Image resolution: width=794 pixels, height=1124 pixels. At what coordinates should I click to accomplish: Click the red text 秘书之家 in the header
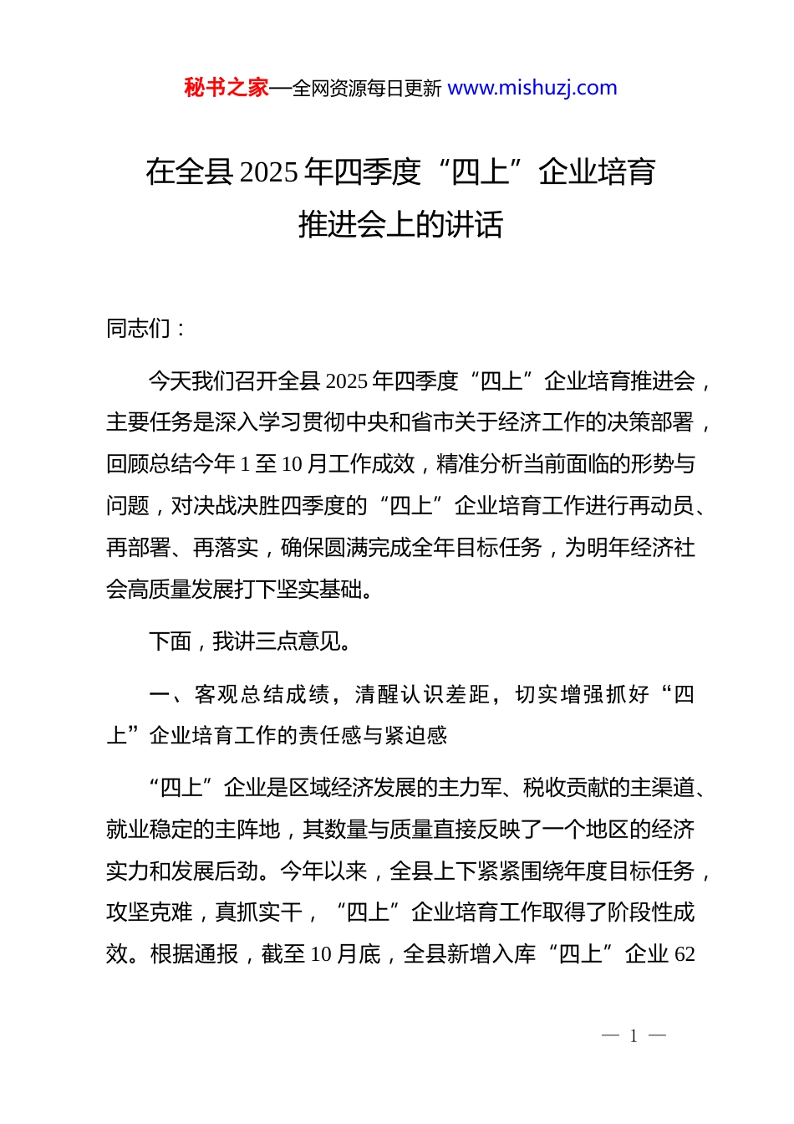226,88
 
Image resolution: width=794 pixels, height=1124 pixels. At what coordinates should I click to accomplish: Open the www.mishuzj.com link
532,88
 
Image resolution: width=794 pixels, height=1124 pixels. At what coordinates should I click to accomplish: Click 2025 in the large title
269,172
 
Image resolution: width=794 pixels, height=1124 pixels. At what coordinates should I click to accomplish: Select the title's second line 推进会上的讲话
400,224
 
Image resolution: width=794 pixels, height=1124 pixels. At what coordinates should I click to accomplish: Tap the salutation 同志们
139,329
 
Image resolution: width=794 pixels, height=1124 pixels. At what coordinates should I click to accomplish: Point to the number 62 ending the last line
684,954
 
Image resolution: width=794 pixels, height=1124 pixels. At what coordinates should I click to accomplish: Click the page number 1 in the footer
634,1036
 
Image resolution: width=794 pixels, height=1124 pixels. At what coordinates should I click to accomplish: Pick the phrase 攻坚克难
150,912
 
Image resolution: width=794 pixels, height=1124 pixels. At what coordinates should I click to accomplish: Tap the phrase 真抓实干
258,912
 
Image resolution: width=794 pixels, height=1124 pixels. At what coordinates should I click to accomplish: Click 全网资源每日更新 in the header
367,89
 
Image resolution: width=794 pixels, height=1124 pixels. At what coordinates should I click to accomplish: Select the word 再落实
226,548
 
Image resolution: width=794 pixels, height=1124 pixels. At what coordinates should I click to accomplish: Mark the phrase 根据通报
194,954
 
